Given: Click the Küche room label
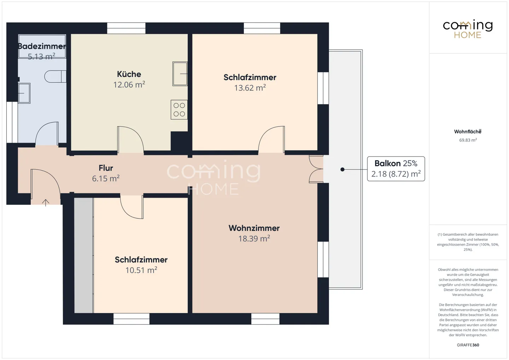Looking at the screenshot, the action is [129, 74].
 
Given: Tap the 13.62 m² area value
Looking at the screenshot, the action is [250, 88].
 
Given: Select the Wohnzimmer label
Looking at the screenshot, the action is [254, 228].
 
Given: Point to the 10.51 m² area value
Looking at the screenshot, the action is [141, 270].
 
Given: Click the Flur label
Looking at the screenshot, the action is [106, 168].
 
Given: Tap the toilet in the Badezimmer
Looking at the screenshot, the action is [55, 76].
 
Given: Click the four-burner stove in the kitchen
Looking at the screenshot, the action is [179, 110].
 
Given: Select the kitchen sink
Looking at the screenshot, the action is [180, 74].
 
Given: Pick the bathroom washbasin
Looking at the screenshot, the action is [24, 93].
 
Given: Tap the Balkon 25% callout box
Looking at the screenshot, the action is [396, 169].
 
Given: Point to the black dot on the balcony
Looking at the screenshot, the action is [343, 170].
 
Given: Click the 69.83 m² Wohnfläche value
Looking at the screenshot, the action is [468, 140].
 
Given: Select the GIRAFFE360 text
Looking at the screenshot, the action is [468, 345].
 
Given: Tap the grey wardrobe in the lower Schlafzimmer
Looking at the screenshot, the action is [84, 255].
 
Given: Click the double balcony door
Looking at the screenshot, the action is [316, 169].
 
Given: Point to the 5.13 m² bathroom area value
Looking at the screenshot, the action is [41, 56].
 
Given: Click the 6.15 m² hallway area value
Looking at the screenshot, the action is [106, 178].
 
